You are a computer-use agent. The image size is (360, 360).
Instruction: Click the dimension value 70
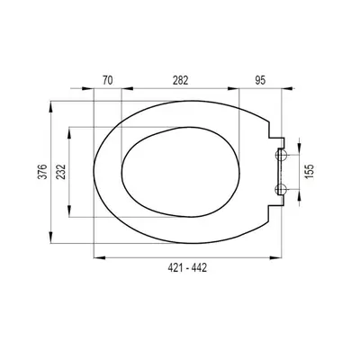[108, 80]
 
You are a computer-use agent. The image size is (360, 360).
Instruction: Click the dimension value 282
[180, 80]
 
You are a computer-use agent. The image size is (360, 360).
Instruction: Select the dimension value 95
[260, 80]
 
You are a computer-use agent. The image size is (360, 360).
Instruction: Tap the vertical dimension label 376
[44, 172]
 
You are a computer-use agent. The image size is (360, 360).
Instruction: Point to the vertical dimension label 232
[61, 172]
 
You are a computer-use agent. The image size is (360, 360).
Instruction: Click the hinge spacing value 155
[310, 171]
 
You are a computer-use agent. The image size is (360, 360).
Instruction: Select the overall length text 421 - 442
[187, 267]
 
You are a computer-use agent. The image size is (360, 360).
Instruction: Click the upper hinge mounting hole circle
[282, 155]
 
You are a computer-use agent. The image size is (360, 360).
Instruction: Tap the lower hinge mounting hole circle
[282, 189]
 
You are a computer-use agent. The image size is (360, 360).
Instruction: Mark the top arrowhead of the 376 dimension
[51, 107]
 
